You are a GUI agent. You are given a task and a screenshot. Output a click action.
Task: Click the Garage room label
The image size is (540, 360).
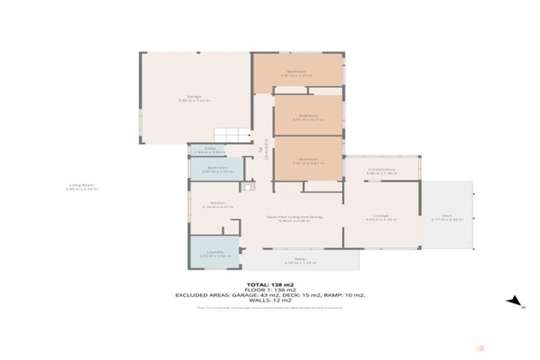pos(194,98)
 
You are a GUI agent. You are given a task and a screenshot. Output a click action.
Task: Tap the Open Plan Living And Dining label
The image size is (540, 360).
pos(295,218)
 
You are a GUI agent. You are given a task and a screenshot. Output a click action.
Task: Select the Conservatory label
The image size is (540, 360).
pos(382,170)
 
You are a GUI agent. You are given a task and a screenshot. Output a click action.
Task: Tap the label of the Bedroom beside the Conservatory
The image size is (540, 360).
pos(308,161)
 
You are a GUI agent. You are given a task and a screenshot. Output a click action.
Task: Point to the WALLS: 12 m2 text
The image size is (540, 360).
pos(270,300)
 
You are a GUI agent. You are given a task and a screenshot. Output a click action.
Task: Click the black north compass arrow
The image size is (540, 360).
pos(515,302)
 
